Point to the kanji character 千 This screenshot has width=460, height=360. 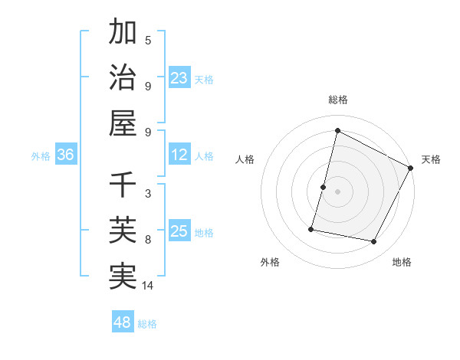tap(123, 185)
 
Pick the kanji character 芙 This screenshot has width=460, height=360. tap(123, 230)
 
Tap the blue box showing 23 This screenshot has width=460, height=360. tap(179, 77)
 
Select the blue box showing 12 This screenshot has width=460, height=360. tap(179, 155)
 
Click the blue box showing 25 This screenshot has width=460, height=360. tap(179, 231)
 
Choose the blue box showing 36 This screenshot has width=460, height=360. tap(66, 155)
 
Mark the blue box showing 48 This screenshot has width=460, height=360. tap(123, 322)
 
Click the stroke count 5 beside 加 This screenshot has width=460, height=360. tap(148, 41)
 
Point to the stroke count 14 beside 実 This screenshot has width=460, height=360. tap(148, 286)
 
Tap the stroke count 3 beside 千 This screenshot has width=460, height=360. tap(148, 194)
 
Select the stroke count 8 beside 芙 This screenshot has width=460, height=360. tap(148, 240)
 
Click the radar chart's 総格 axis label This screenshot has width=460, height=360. tap(337, 100)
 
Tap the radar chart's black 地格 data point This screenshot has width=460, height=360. tap(374, 242)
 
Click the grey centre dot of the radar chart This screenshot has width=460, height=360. tap(337, 191)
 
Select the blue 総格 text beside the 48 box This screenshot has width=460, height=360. tap(147, 324)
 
